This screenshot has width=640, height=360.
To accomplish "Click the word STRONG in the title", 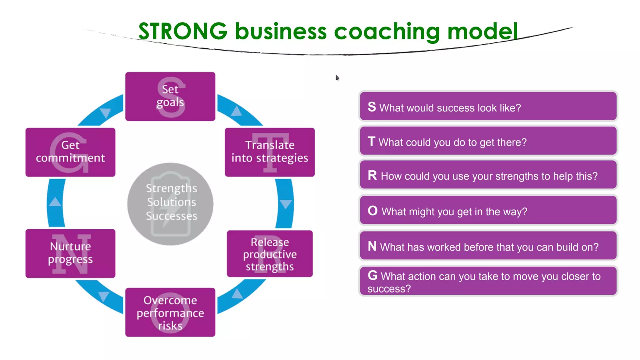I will [183, 31].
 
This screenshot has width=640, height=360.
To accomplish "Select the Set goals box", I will [170, 96].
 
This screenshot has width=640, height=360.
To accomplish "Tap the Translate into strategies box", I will [270, 152].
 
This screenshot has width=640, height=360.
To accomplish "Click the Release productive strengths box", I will [270, 254].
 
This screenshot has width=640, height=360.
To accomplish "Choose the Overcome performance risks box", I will [170, 312].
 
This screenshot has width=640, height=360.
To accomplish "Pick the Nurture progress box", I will [70, 253].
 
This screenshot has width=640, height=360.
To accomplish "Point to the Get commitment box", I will [70, 152].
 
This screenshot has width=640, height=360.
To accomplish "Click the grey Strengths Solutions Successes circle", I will [170, 204].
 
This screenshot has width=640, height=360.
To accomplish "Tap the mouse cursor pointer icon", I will [337, 77].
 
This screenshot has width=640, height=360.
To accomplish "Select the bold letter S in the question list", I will [372, 107].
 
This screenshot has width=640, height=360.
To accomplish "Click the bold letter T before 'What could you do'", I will [371, 142].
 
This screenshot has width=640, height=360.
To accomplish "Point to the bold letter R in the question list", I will [372, 175].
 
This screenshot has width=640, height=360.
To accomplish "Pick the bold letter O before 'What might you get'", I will [372, 211].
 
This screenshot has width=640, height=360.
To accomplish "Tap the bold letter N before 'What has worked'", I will [372, 246].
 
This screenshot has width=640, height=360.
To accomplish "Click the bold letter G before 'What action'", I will [372, 275].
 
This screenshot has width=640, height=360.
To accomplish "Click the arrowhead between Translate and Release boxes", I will [286, 204].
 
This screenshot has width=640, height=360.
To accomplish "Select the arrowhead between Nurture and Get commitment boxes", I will [55, 202].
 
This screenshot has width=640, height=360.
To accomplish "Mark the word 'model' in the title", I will [482, 31].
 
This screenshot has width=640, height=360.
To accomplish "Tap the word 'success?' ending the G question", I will [389, 289].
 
